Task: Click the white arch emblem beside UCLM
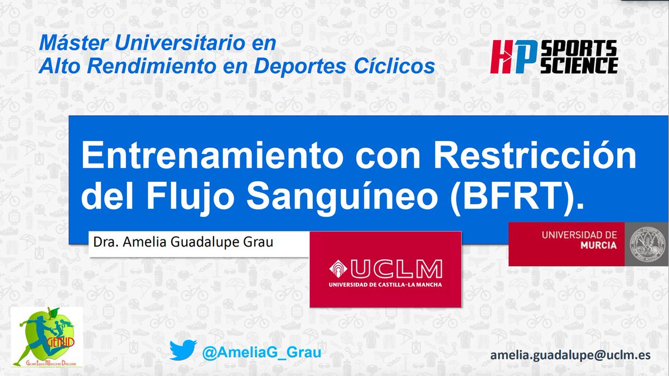click(338, 269)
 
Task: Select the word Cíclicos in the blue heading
click(401, 66)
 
